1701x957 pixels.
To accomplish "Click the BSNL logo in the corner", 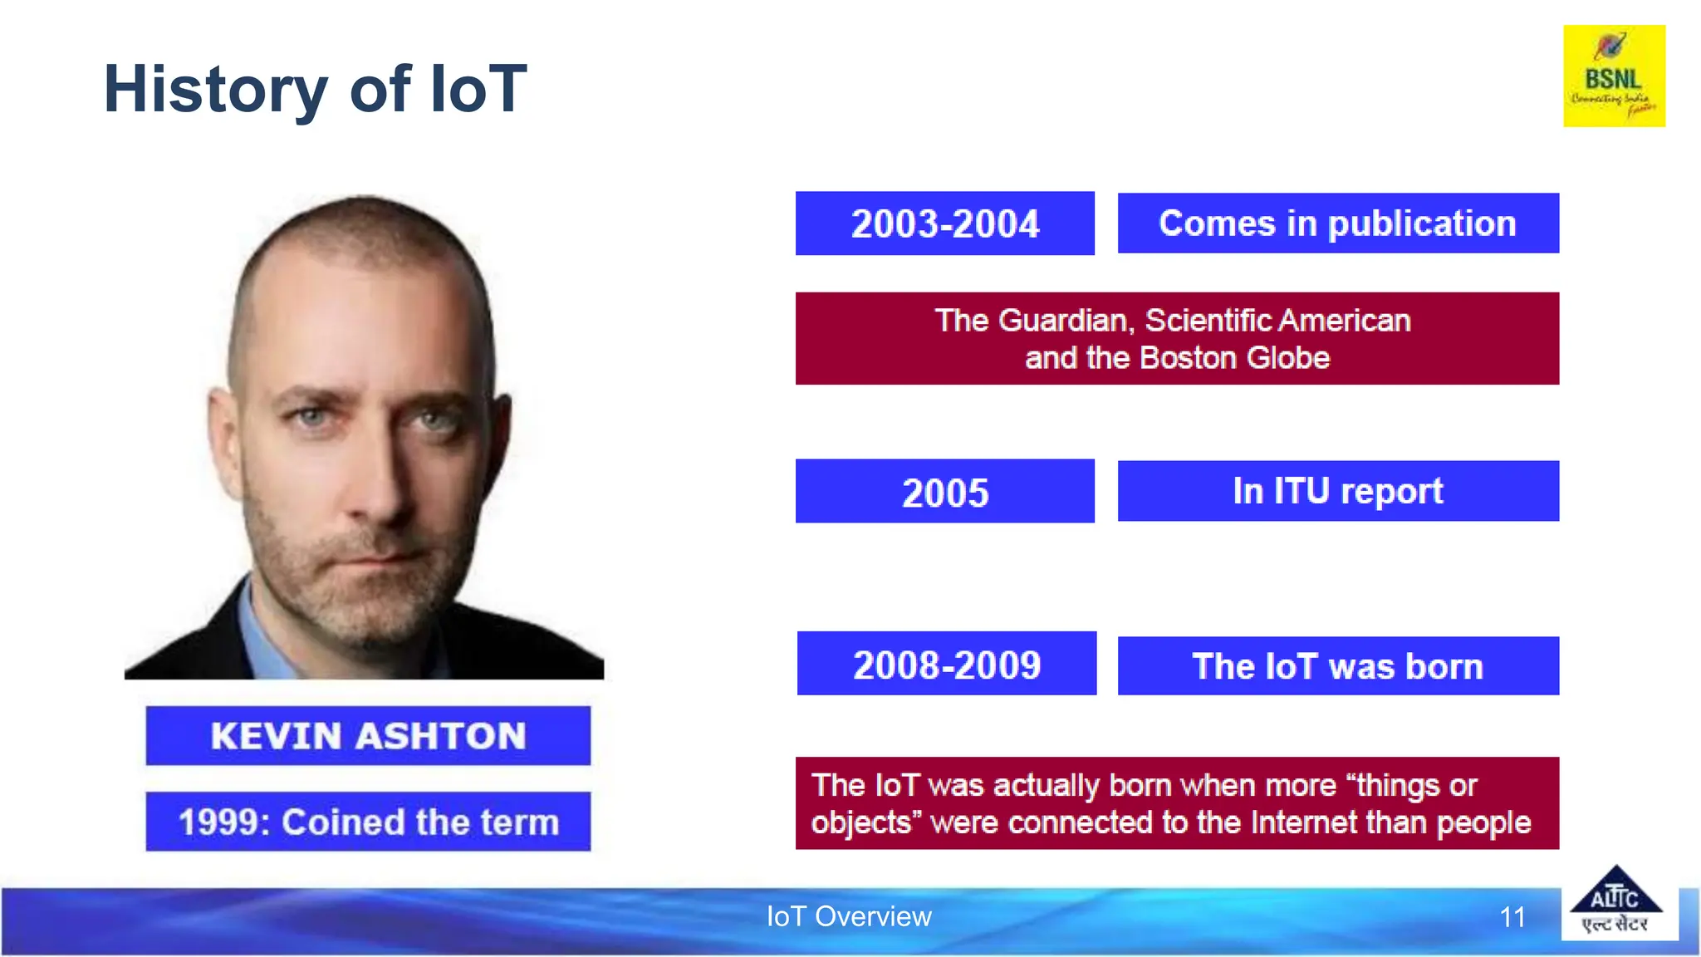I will point(1614,76).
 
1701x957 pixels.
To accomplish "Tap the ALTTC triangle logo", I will point(1615,902).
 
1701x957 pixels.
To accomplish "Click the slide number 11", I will point(1512,917).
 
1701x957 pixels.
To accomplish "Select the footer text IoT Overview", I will point(849,916).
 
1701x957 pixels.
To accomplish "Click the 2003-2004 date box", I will point(944,223).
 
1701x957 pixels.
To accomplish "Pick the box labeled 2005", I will point(944,492).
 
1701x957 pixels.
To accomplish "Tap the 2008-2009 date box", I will point(946,664).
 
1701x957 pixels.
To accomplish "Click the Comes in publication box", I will point(1337,223).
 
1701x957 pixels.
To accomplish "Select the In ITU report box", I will point(1337,491).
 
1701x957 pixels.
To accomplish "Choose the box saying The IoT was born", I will point(1337,666).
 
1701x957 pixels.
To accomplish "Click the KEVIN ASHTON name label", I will point(368,736).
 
